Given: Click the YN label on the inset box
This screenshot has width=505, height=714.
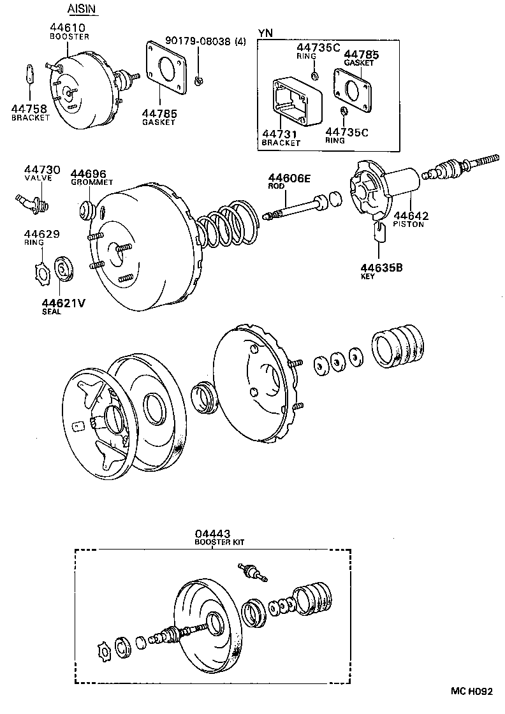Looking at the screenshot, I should tap(265, 32).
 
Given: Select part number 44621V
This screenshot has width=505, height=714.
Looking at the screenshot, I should tap(63, 303).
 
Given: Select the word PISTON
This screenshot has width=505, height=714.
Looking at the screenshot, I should tap(408, 224).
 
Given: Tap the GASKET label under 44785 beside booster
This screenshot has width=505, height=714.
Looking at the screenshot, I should tap(158, 122).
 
